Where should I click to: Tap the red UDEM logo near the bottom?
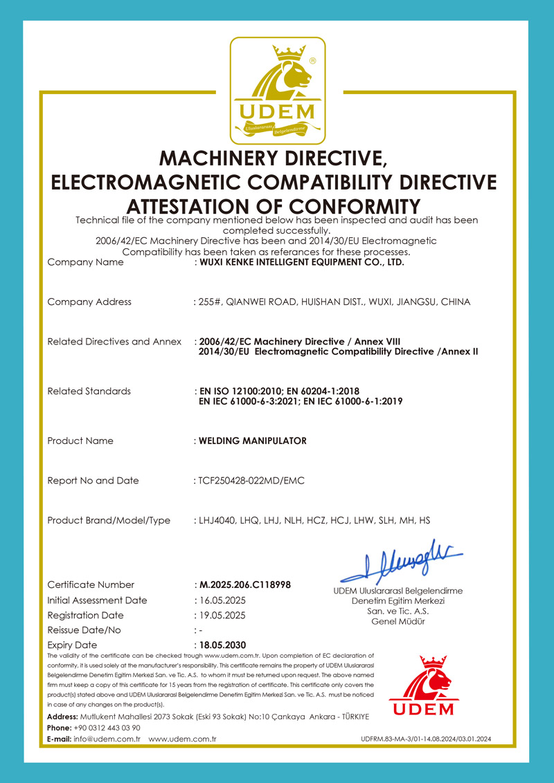[x=423, y=687]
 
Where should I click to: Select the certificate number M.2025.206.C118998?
[x=245, y=584]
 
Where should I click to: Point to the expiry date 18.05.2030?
[x=222, y=645]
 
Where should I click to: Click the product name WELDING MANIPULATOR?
[x=252, y=441]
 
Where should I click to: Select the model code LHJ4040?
[x=217, y=520]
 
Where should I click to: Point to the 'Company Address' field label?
[x=89, y=302]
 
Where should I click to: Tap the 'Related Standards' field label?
[x=89, y=391]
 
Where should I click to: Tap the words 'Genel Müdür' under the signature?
[x=398, y=622]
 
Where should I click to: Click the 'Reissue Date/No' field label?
[x=84, y=630]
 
